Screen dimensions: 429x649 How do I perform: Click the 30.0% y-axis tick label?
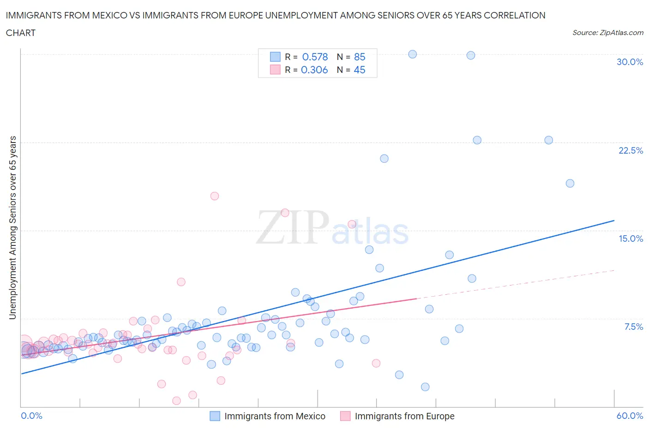tap(630, 62)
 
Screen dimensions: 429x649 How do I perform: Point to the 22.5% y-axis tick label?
tap(631, 150)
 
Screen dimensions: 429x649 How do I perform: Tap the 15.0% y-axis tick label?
tap(631, 238)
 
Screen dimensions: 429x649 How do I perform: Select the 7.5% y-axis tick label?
tap(633, 327)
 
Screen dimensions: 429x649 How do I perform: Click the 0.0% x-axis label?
tap(31, 416)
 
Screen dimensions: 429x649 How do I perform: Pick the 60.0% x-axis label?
tap(630, 416)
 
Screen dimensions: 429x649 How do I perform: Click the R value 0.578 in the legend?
tap(315, 57)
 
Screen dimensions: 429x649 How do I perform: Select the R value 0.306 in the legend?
tap(314, 70)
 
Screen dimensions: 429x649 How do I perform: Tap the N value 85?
tap(360, 57)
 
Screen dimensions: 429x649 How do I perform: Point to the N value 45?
tap(360, 70)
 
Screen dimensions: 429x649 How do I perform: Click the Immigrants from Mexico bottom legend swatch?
tap(215, 416)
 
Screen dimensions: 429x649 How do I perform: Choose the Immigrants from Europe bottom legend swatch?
tap(345, 416)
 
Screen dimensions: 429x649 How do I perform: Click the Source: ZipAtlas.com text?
tap(607, 32)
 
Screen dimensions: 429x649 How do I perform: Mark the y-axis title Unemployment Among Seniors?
tap(12, 227)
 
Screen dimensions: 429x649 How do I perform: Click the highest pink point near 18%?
tap(215, 196)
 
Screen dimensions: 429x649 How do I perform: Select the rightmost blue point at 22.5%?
tap(548, 140)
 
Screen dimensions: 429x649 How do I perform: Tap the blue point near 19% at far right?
tap(570, 183)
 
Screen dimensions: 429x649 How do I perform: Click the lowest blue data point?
tap(425, 387)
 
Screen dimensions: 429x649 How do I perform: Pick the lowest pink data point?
tap(176, 401)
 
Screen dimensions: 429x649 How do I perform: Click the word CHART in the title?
tap(21, 33)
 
